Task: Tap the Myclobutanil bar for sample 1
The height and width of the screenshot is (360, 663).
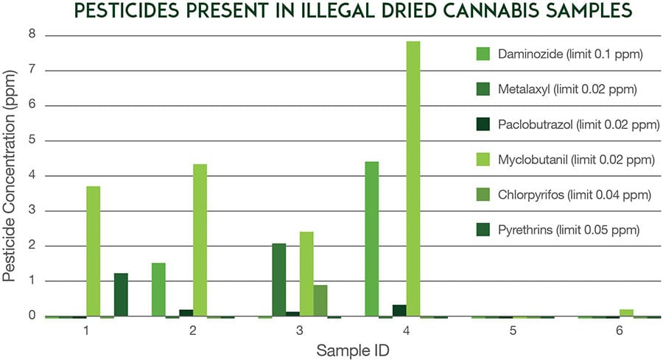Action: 93,251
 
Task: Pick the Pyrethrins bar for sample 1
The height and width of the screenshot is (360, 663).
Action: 121,294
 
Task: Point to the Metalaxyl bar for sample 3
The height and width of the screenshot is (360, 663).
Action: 279,280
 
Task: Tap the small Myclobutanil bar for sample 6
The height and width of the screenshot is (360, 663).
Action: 626,313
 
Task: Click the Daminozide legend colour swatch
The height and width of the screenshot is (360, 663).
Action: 484,53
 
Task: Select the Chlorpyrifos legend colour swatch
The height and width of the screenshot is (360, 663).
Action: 484,195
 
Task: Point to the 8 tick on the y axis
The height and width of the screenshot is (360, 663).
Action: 32,35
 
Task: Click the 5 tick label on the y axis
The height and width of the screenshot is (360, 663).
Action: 32,141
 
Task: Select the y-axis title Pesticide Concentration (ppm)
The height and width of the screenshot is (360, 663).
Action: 10,177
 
